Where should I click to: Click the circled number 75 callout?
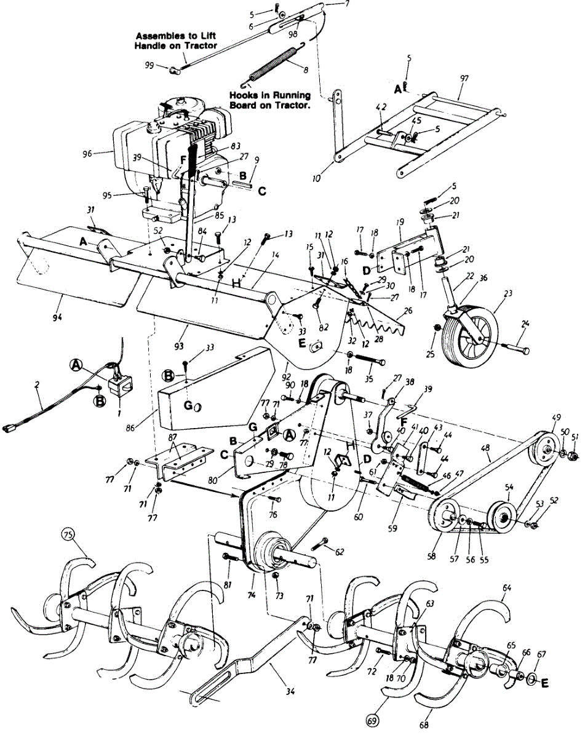pyautogui.click(x=70, y=534)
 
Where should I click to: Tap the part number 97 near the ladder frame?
pyautogui.click(x=464, y=78)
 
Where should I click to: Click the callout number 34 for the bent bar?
pyautogui.click(x=290, y=692)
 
